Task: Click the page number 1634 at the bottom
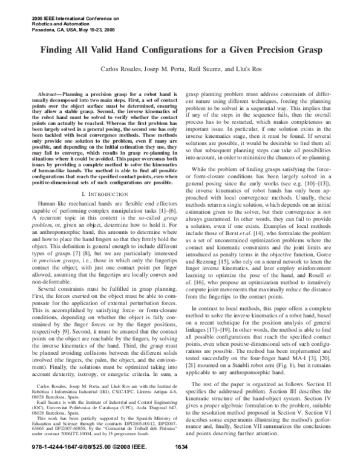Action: click(x=181, y=463)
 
